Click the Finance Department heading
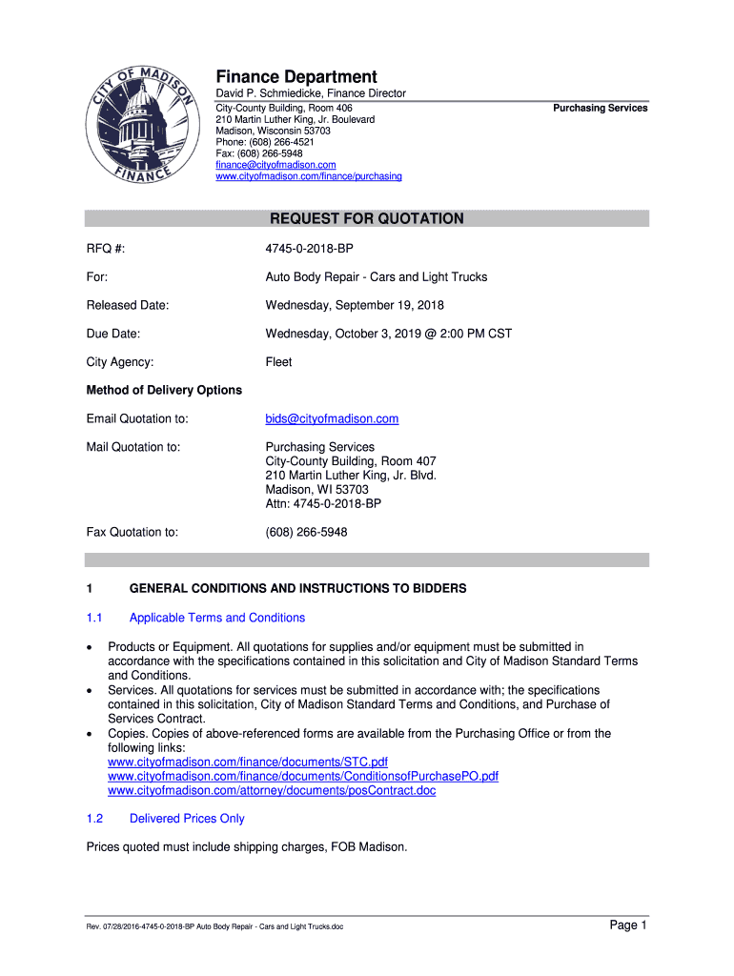pyautogui.click(x=296, y=76)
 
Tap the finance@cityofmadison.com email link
pyautogui.click(x=275, y=165)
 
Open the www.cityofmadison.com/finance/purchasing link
pyautogui.click(x=308, y=176)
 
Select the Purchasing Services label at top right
pyautogui.click(x=600, y=108)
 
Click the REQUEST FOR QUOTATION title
pyautogui.click(x=367, y=218)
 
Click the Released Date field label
pyautogui.click(x=128, y=305)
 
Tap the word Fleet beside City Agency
pyautogui.click(x=278, y=362)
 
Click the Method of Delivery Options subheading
pyautogui.click(x=164, y=390)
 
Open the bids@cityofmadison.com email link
pyautogui.click(x=332, y=418)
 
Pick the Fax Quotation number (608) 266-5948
pyautogui.click(x=306, y=532)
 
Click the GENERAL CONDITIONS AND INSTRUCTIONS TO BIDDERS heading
pyautogui.click(x=297, y=588)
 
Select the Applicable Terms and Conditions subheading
pyautogui.click(x=217, y=618)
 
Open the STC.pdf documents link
pyautogui.click(x=248, y=762)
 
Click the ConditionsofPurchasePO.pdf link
pyautogui.click(x=303, y=777)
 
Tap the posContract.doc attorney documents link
pyautogui.click(x=272, y=791)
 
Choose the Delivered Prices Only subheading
pyautogui.click(x=187, y=819)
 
